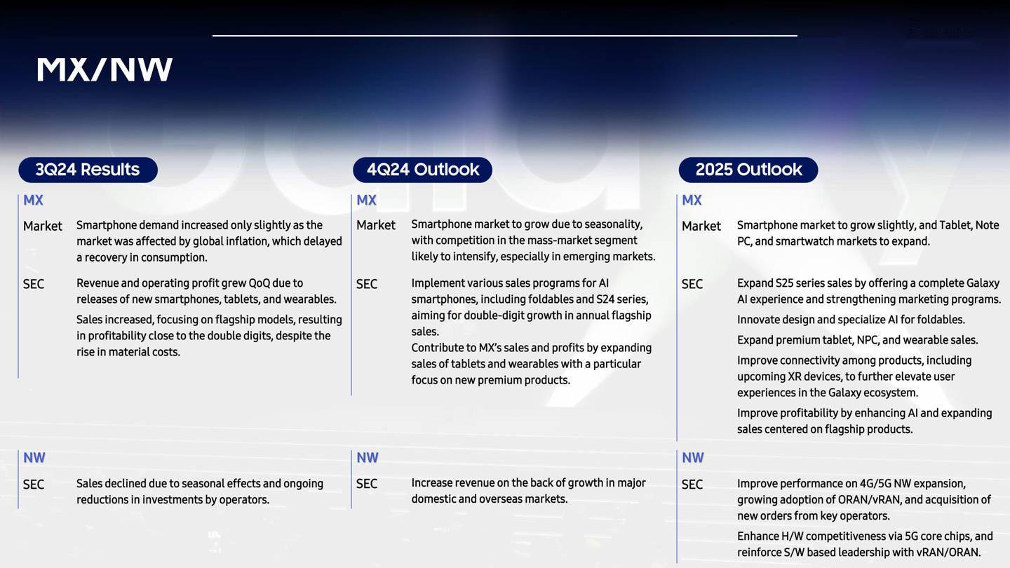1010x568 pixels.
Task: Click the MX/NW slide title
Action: point(105,70)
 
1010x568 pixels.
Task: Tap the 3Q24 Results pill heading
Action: point(88,170)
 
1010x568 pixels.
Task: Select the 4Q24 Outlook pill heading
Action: point(422,170)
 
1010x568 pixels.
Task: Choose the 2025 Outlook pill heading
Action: point(748,170)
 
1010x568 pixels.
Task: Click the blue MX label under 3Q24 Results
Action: point(33,200)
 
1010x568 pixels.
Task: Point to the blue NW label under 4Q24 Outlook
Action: point(368,457)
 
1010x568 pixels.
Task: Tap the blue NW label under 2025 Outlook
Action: point(692,457)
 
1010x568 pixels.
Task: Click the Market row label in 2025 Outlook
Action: point(701,226)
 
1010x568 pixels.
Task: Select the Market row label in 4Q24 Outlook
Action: point(376,225)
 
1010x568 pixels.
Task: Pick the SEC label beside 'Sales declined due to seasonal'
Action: point(34,484)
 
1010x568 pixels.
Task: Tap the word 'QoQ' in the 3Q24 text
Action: point(260,283)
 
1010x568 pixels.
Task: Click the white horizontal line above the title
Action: point(504,35)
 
